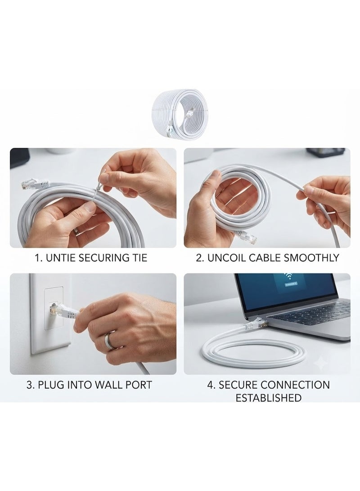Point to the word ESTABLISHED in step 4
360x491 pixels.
[268, 398]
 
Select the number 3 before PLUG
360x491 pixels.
[30, 384]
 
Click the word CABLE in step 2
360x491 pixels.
[265, 257]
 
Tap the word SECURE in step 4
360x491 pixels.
[238, 384]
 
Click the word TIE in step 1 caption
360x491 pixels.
[138, 258]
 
